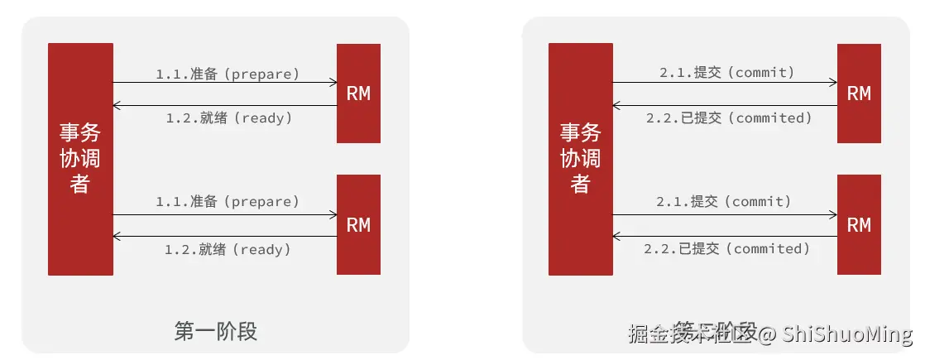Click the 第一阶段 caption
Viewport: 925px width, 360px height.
tap(216, 332)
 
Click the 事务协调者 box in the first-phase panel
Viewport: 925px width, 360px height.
tap(80, 159)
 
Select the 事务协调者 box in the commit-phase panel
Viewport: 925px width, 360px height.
tap(581, 159)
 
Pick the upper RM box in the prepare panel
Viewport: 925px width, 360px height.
tap(358, 94)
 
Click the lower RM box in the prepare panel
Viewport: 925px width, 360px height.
tap(358, 224)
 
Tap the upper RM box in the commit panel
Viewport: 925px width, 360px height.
tap(859, 94)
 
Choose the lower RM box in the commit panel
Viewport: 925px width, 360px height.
tap(859, 224)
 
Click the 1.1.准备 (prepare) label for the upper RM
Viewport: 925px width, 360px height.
tap(228, 74)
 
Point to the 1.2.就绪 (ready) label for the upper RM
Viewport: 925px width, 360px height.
tap(229, 118)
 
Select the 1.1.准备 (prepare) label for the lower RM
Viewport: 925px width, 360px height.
tap(228, 201)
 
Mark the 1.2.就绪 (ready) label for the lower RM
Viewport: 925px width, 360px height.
tap(228, 248)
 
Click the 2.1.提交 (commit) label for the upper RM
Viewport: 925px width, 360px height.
tap(726, 73)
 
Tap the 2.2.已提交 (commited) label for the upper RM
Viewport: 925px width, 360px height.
tap(729, 118)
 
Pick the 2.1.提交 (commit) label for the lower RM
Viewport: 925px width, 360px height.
tap(724, 201)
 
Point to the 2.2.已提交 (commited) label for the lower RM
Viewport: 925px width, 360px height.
tap(727, 248)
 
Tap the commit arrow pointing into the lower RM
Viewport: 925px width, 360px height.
tap(725, 215)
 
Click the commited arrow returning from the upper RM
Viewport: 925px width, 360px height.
tap(725, 105)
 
